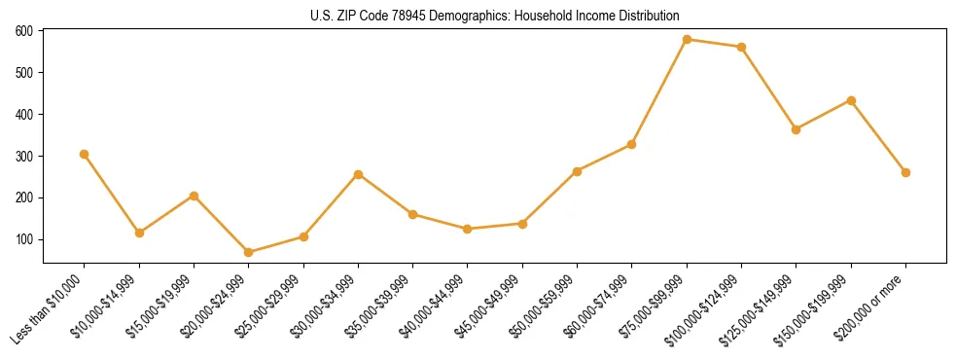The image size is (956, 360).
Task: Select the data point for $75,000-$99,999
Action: [x=687, y=40]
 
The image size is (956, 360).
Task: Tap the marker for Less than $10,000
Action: [x=85, y=154]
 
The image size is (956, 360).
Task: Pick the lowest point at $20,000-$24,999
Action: [x=249, y=252]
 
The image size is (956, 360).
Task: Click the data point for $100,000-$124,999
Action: [x=742, y=47]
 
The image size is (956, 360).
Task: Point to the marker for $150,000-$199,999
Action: [x=851, y=100]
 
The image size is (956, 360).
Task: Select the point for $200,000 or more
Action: [x=906, y=172]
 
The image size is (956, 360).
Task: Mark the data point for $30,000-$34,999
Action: [x=358, y=174]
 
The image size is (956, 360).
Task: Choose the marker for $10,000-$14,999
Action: [x=139, y=233]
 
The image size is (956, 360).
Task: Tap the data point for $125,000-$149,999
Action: [x=797, y=129]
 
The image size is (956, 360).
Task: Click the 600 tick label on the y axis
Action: [x=23, y=31]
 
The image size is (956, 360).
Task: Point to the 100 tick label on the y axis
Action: [x=23, y=239]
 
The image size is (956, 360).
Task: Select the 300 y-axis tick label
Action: [x=23, y=156]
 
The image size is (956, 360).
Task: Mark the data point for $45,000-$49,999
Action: [x=522, y=224]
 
